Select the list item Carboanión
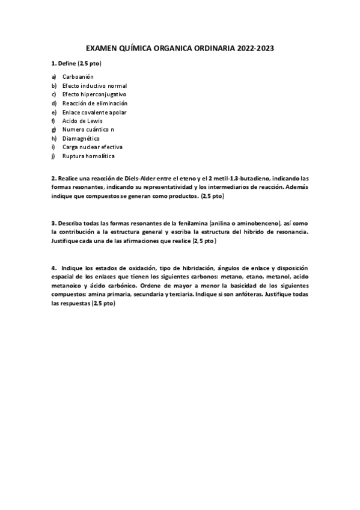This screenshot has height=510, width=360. point(77,77)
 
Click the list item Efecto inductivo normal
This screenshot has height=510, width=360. point(94,85)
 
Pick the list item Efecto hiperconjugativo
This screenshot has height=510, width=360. point(94,94)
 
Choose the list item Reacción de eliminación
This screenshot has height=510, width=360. point(95,103)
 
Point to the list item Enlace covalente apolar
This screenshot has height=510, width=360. point(94,112)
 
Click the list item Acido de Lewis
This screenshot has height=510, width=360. point(82,121)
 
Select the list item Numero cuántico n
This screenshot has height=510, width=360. point(88,129)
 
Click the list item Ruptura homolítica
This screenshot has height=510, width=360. point(88,156)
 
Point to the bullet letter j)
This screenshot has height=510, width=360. point(53,156)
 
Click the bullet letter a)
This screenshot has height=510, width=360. point(54,77)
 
